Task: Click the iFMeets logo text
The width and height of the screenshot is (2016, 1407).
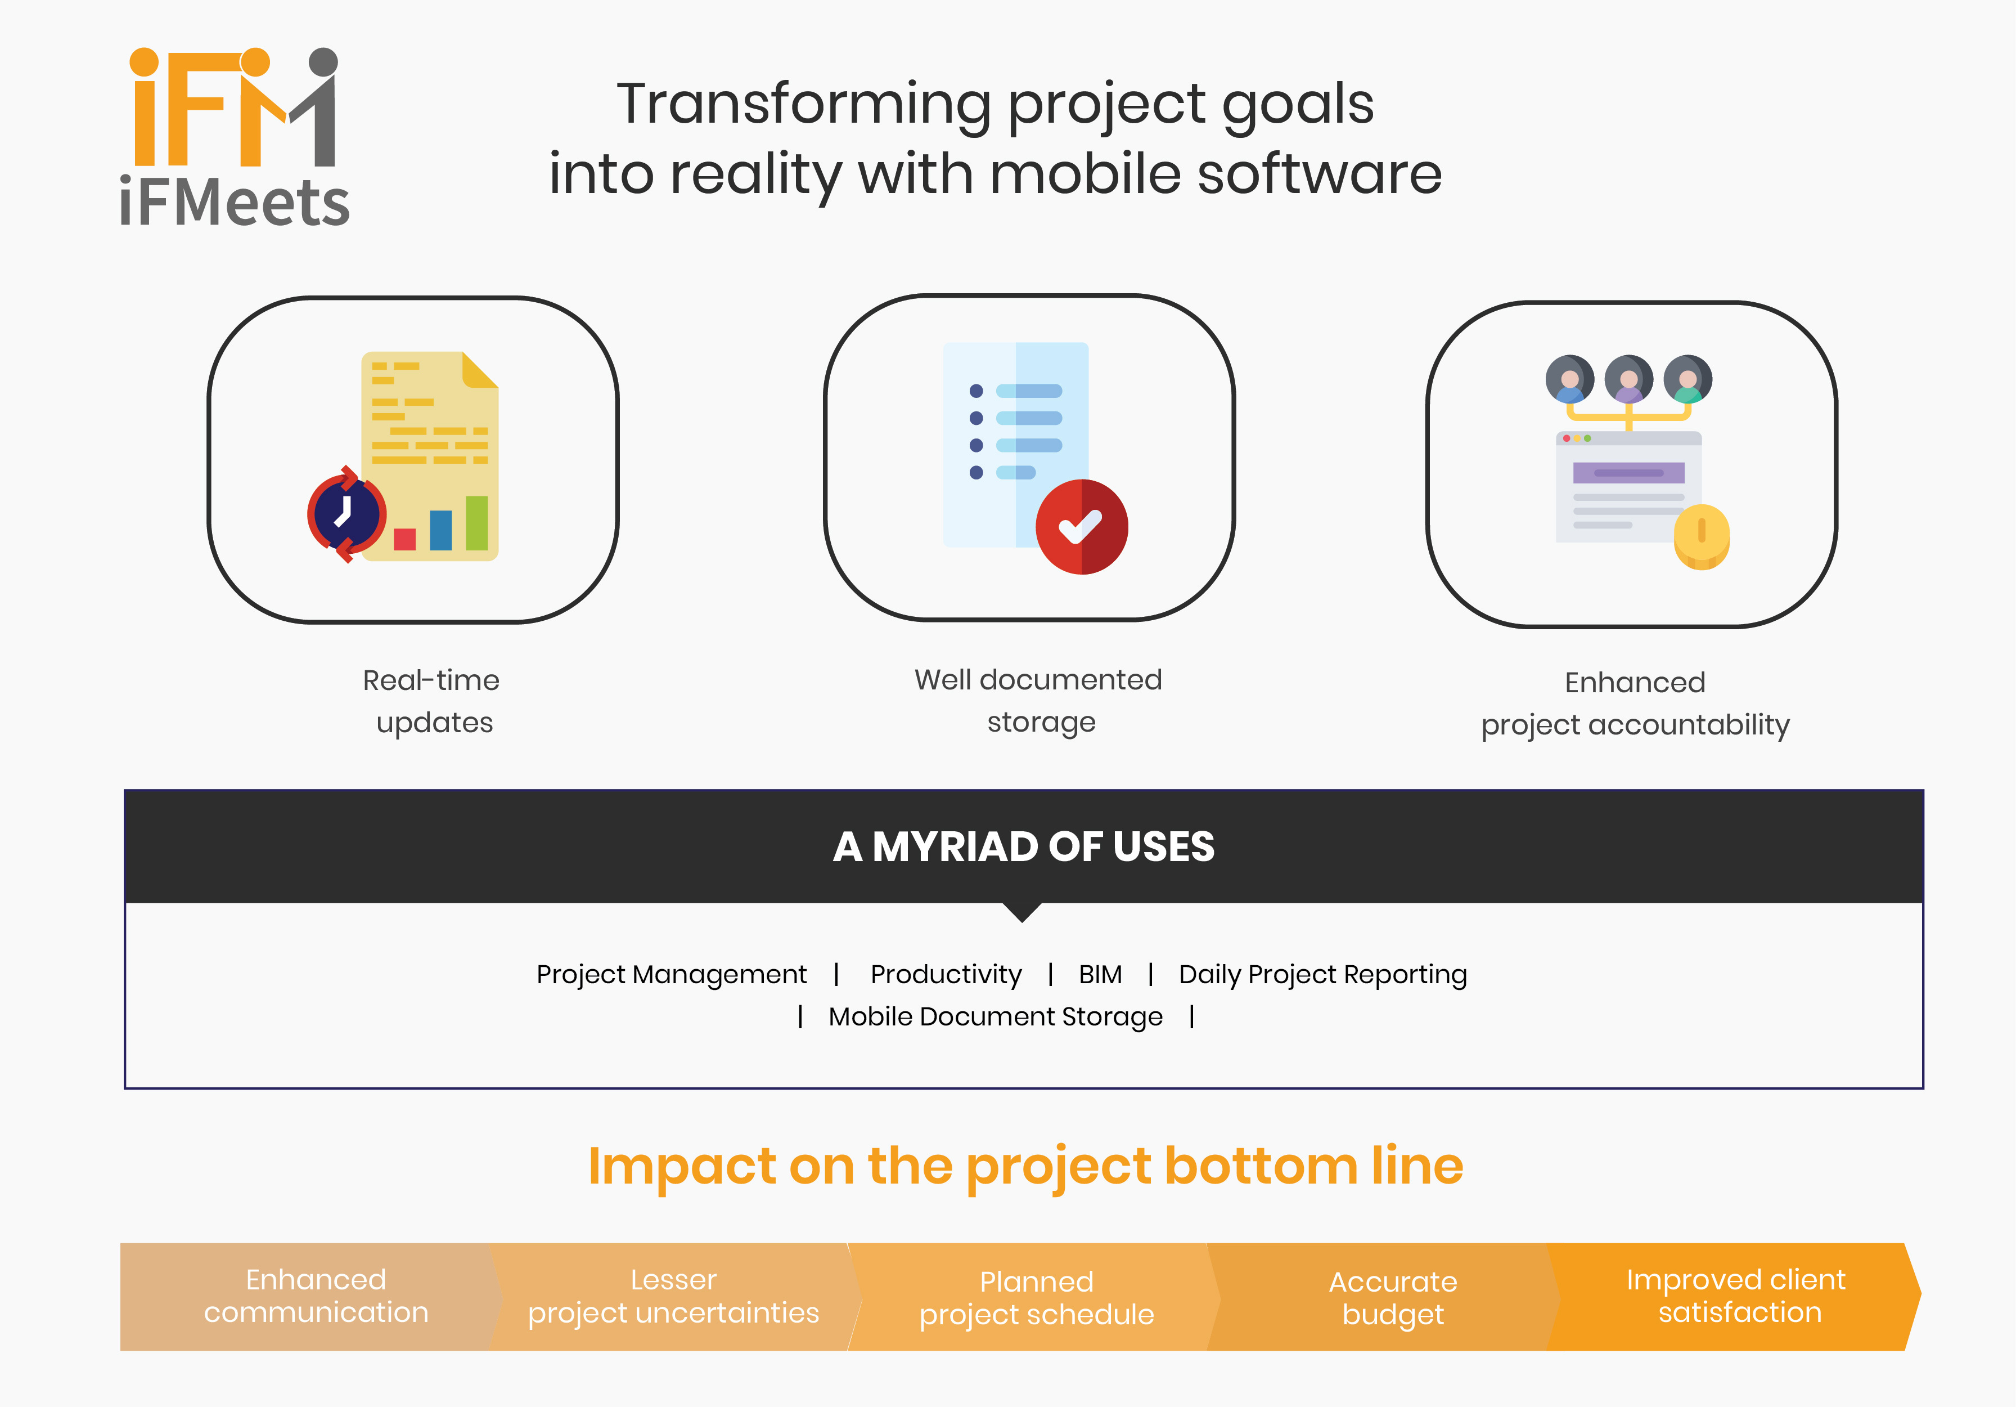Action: pos(235,202)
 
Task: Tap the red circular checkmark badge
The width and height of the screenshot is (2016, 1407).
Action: pos(1082,527)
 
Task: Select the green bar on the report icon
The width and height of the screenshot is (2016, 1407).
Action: pos(477,523)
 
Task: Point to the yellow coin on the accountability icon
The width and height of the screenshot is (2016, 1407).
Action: pos(1702,536)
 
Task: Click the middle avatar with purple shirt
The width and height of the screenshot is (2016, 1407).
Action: pos(1629,379)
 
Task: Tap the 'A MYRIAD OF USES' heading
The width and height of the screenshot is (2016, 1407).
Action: pos(1024,846)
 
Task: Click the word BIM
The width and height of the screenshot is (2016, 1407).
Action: pos(1100,974)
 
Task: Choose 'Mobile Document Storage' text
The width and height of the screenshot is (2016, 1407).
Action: pos(996,1017)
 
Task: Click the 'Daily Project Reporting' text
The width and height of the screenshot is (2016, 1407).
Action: pos(1322,975)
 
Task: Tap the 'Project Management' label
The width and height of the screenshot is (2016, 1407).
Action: pos(672,975)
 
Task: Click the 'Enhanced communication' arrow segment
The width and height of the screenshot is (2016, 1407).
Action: pos(312,1296)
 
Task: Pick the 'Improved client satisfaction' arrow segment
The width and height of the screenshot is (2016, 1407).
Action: pos(1734,1296)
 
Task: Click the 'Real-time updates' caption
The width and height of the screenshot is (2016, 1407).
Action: pos(432,701)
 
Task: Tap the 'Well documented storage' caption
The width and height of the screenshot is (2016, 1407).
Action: pos(1039,700)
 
